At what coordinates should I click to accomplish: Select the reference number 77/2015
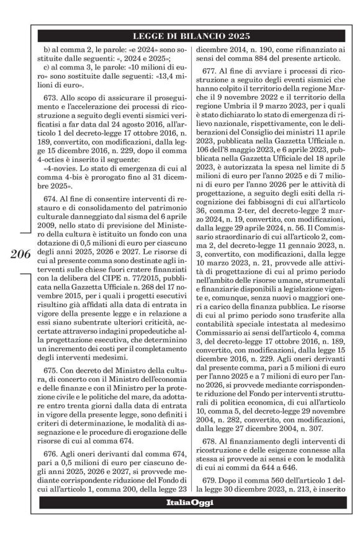pos(133,279)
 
